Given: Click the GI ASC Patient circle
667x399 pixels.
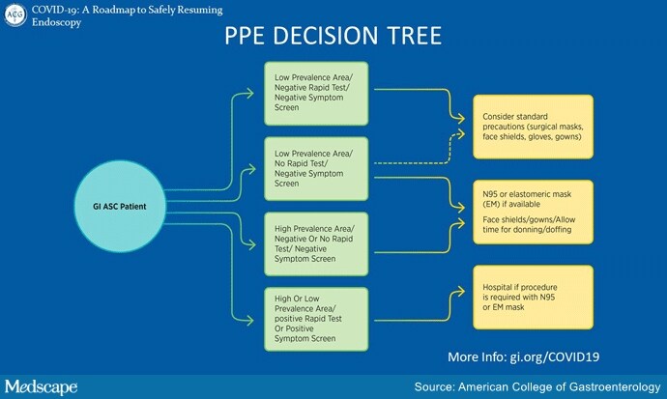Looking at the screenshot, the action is point(120,206).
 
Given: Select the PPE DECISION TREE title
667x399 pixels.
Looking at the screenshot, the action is point(333,36).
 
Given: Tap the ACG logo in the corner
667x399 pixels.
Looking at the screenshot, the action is point(15,14).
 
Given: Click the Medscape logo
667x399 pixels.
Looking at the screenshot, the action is point(42,386).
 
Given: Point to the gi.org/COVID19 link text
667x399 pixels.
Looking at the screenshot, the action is point(555,356).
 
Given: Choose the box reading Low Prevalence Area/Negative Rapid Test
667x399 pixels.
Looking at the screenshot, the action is point(316,93).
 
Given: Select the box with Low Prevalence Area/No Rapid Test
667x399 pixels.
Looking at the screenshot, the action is point(316,169).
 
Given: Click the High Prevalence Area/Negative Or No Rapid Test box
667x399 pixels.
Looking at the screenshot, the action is point(316,243).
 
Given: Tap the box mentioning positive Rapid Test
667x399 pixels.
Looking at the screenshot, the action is point(316,319).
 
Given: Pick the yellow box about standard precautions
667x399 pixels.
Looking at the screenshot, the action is point(533,127).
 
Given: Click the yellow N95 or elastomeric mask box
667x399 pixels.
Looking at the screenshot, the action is point(533,212).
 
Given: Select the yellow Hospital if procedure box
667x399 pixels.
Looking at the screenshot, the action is point(533,297).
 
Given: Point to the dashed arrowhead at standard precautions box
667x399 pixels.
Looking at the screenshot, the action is point(461,134).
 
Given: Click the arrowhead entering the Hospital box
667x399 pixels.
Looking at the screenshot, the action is point(461,292).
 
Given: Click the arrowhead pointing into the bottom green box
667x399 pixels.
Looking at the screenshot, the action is point(250,320).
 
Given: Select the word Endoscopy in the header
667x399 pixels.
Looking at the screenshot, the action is point(56,22).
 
